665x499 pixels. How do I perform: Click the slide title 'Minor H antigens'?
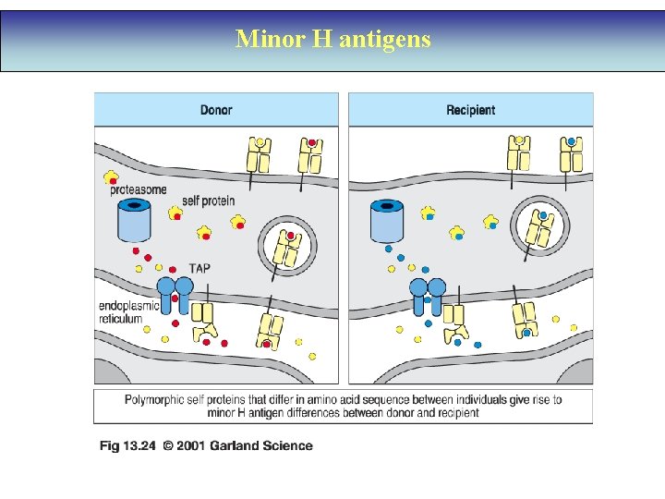click(x=332, y=39)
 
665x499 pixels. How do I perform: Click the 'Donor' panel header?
click(x=216, y=110)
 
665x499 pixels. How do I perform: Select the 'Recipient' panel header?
click(x=470, y=110)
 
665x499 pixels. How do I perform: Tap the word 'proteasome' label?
click(x=139, y=190)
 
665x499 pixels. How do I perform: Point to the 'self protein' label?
click(x=208, y=201)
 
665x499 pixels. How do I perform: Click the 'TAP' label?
click(x=199, y=268)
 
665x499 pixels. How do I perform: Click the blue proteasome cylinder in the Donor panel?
click(x=136, y=222)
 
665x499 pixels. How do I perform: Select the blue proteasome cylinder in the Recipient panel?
click(x=388, y=222)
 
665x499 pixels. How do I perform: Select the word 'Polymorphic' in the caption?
click(x=158, y=400)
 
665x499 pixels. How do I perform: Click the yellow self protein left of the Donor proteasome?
click(x=112, y=176)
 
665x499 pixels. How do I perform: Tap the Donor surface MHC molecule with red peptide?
click(x=310, y=154)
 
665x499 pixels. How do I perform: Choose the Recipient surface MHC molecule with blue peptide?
click(x=572, y=154)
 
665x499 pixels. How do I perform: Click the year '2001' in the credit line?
click(x=190, y=446)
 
